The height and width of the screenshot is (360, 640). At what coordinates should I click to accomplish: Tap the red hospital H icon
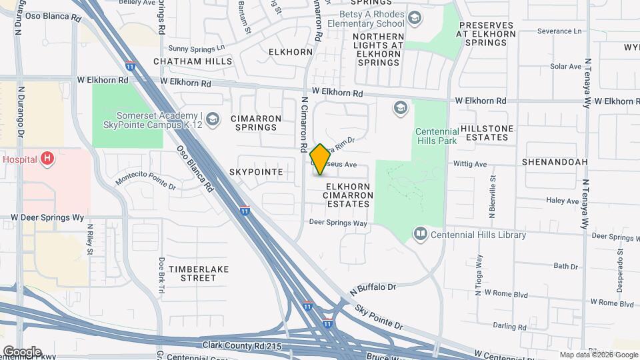pyautogui.click(x=47, y=159)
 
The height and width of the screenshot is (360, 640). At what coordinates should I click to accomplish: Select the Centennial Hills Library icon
pyautogui.click(x=420, y=233)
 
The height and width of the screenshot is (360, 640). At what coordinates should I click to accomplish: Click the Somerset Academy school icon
pyautogui.click(x=212, y=119)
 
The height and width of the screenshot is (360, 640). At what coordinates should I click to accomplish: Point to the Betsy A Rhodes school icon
pyautogui.click(x=415, y=18)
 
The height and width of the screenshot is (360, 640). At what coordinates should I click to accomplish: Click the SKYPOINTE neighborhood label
pyautogui.click(x=257, y=172)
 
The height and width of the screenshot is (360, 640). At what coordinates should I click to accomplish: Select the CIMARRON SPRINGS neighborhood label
pyautogui.click(x=253, y=123)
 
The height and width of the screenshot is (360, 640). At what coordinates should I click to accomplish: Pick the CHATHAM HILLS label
pyautogui.click(x=193, y=61)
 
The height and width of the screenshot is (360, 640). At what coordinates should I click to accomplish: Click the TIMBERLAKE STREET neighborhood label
pyautogui.click(x=198, y=273)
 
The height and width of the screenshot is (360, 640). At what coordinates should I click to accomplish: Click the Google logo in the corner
pyautogui.click(x=21, y=352)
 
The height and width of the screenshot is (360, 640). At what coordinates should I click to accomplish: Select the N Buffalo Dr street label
pyautogui.click(x=373, y=289)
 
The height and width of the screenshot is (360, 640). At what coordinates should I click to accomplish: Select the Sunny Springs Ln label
pyautogui.click(x=197, y=48)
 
